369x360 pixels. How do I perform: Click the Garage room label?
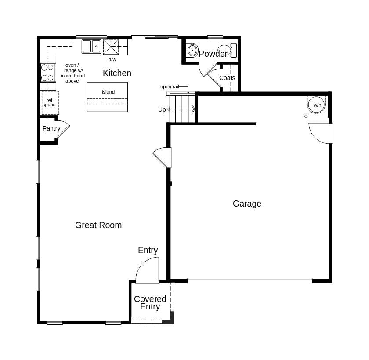pos(247,204)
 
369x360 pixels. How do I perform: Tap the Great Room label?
pos(98,225)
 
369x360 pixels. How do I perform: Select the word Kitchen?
pos(117,73)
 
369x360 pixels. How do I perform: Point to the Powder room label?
pos(213,54)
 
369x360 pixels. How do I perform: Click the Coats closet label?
pos(227,78)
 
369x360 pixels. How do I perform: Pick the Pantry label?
pos(51,128)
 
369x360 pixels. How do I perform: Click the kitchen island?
pos(107,97)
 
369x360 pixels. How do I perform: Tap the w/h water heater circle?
pos(317,105)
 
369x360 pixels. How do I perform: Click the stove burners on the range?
pos(47,73)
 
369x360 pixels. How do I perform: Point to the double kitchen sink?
pos(91,46)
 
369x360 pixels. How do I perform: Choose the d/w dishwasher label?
pos(112,59)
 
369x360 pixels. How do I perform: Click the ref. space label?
pos(50,102)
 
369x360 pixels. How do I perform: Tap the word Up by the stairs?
pos(162,109)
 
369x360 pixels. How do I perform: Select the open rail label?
pos(170,87)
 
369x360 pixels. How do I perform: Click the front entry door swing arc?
pos(145,268)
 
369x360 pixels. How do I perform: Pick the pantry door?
pos(63,129)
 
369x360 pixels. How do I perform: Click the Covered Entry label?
pos(150,302)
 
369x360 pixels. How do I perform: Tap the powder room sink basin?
pos(192,50)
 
